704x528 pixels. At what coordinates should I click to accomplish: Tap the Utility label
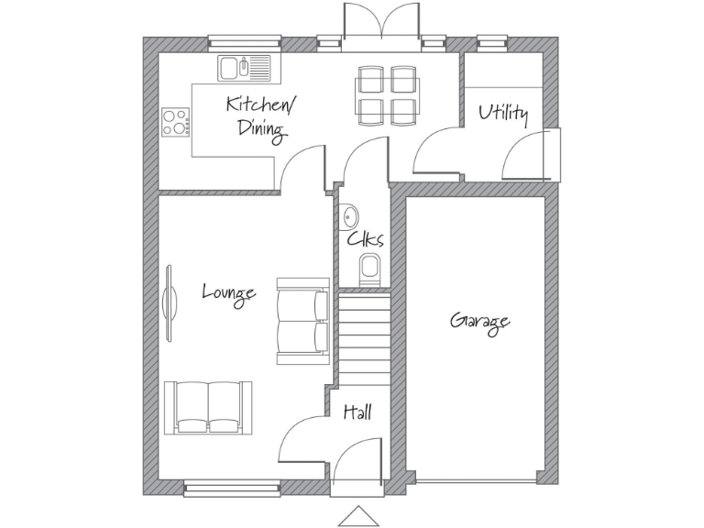click(x=503, y=114)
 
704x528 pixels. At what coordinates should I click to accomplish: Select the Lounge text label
click(x=228, y=293)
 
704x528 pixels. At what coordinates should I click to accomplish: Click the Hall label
click(x=357, y=413)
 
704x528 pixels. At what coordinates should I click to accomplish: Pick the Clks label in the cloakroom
click(x=365, y=239)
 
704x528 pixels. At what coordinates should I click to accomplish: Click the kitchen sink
click(x=245, y=68)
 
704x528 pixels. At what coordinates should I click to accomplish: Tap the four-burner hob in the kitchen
click(x=175, y=122)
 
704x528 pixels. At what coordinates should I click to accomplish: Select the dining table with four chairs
click(x=386, y=94)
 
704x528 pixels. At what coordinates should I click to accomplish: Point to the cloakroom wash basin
click(x=349, y=217)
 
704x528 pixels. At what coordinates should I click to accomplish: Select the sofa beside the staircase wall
click(x=302, y=322)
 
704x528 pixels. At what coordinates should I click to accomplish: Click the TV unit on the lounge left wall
click(x=169, y=304)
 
